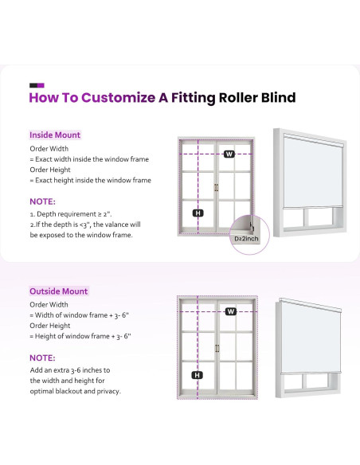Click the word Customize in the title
pos(118,98)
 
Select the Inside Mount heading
pos(55,135)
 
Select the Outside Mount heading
pos(59,291)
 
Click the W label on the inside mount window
pos(229,154)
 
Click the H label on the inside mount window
pos(198,213)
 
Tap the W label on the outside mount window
pos(230,311)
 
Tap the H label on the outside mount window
pos(198,375)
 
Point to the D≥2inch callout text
pos(246,239)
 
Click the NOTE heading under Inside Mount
pos(42,201)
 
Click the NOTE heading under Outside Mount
pos(42,358)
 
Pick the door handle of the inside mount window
pos(216,187)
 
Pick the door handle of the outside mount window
pos(217,348)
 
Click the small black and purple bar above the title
pos(37,85)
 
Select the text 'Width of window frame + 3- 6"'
pos(82,315)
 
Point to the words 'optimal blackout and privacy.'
pos(76,391)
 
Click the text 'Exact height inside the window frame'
pos(93,180)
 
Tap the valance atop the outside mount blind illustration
pos(310,305)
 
